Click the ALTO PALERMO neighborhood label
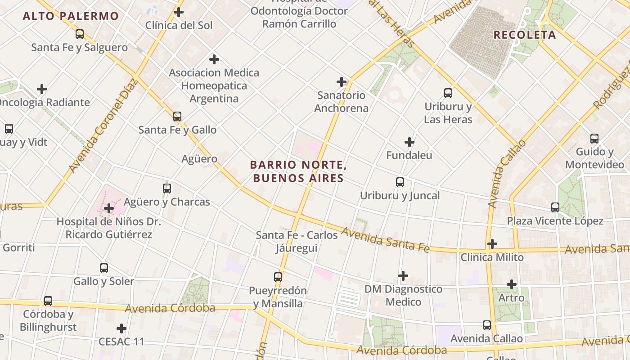point(71,16)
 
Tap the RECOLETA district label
point(525,35)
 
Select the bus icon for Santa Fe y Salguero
point(80,34)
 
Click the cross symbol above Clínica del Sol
point(179,12)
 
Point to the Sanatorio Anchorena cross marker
point(342,82)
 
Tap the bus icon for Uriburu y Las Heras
point(448,93)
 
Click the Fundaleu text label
point(409,155)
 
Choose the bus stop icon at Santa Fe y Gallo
point(177,117)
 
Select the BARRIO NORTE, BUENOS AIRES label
point(298,171)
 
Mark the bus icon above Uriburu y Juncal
point(400,182)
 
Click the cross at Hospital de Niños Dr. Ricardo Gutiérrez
point(108,208)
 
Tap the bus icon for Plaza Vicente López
point(555,207)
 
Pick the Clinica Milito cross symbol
point(492,244)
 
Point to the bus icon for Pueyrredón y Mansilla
point(278,277)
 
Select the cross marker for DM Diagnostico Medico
point(403,275)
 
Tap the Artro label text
point(511,298)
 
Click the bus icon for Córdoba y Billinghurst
point(48,301)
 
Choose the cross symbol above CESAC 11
point(121,328)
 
